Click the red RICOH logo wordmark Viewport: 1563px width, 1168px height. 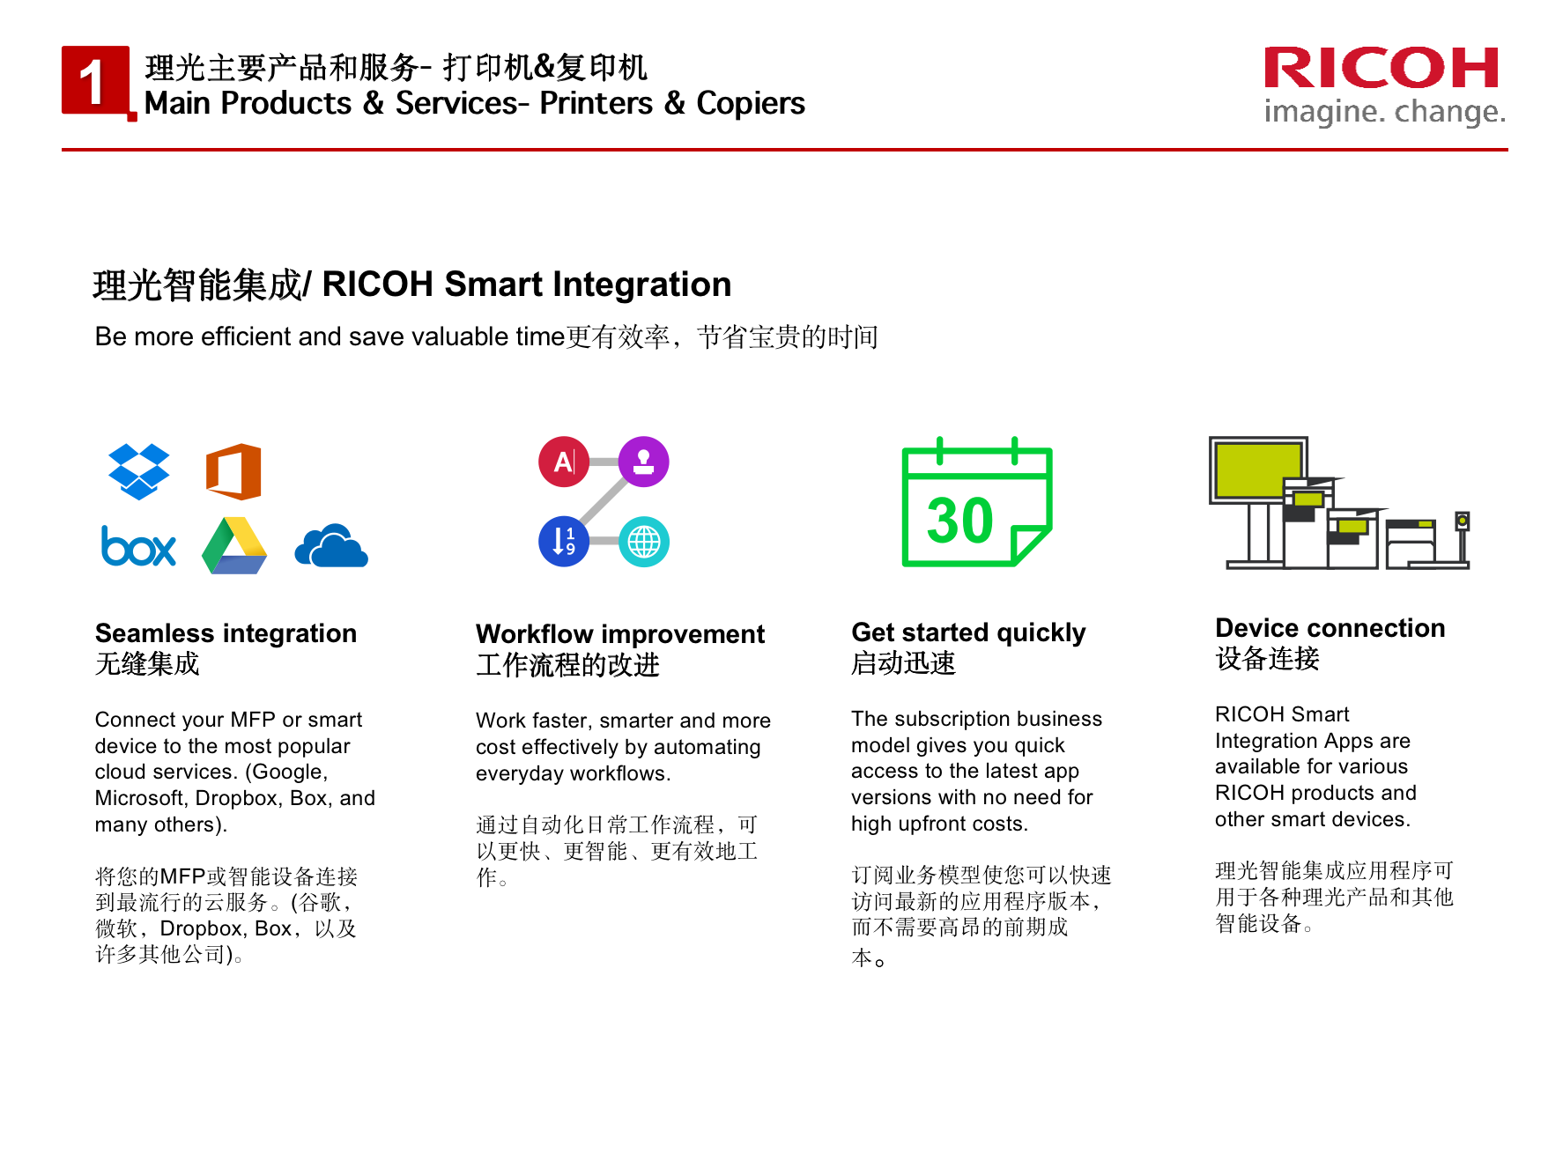1382,68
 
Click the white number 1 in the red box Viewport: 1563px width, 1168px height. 92,82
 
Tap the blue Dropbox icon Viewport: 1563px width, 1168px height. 139,471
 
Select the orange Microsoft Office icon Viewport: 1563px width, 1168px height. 233,471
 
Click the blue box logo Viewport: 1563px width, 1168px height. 139,546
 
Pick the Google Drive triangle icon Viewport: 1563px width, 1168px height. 234,546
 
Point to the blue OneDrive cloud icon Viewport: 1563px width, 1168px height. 331,546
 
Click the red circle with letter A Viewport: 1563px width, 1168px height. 564,462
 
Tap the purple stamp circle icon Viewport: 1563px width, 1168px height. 644,462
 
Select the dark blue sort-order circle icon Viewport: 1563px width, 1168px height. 564,541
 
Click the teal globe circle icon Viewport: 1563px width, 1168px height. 644,541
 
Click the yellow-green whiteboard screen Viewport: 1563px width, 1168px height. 1258,469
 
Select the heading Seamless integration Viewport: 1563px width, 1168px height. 226,633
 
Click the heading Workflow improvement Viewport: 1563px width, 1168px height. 620,634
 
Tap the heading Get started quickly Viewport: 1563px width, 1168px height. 968,632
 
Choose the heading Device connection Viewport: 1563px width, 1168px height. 1330,628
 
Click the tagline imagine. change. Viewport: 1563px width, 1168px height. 1385,112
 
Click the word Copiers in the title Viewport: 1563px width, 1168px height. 751,104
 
